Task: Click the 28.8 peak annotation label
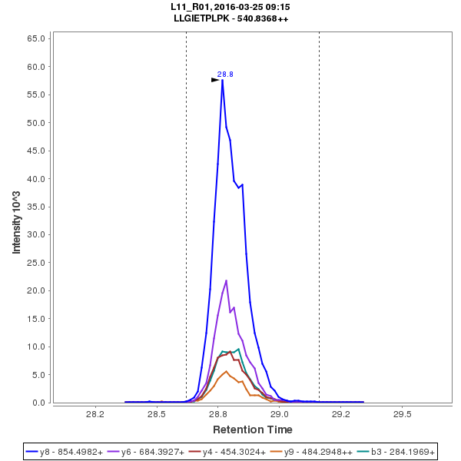pos(225,75)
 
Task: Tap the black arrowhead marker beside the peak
pos(216,79)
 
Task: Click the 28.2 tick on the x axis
pos(95,414)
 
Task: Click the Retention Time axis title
pos(252,429)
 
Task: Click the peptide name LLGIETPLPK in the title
pos(202,18)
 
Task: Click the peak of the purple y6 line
pos(226,281)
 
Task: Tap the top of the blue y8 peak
pos(222,80)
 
